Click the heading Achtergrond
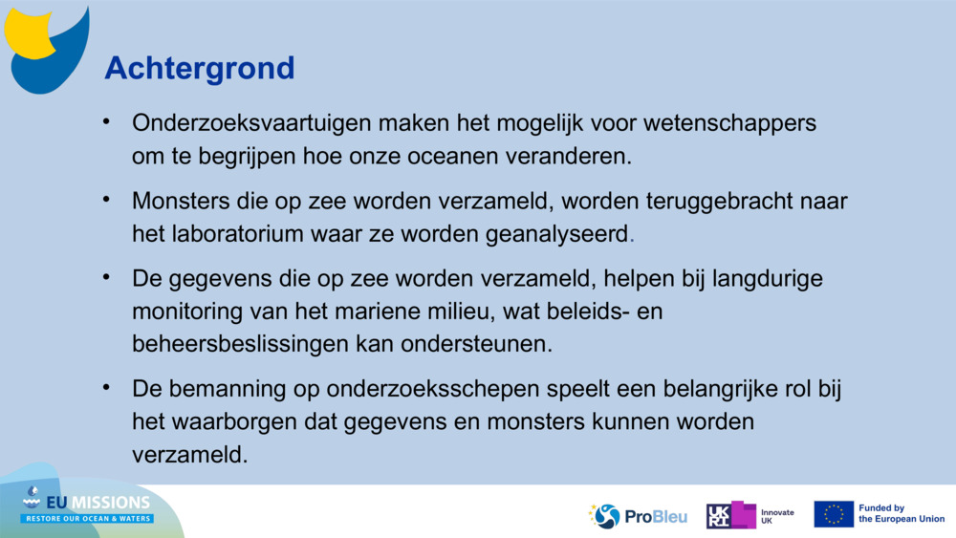pos(199,68)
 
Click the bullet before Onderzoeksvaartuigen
pos(109,122)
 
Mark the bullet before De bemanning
pos(109,388)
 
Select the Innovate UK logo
pos(750,516)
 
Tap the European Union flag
pos(834,514)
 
